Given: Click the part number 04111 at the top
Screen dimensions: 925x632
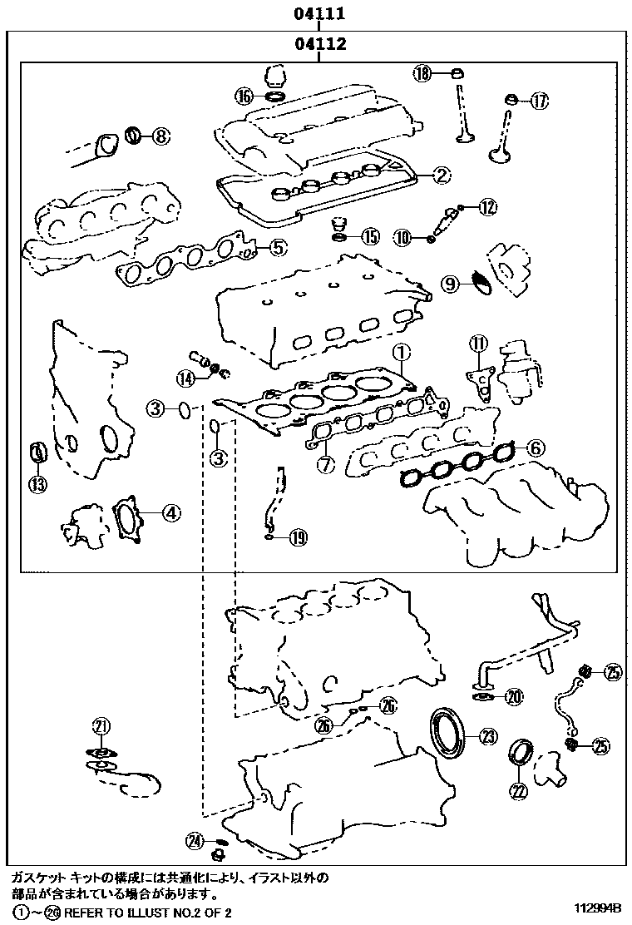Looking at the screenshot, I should (319, 13).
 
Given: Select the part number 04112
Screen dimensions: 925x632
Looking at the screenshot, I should (319, 44).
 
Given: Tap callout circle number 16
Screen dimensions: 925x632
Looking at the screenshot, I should (243, 96).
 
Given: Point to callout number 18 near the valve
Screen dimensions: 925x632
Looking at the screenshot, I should (422, 73).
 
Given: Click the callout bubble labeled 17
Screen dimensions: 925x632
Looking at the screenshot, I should (539, 101).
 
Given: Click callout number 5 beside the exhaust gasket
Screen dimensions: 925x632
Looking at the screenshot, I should (278, 246).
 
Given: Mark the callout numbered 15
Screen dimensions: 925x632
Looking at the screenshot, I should (369, 237).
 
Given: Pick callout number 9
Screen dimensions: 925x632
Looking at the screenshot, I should (449, 284).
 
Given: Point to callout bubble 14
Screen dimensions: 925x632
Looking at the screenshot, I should (185, 378).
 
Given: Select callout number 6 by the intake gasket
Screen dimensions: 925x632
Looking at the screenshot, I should (534, 448).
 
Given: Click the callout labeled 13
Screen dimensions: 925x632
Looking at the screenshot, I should (38, 484).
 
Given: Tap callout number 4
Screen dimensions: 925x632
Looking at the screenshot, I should (170, 513).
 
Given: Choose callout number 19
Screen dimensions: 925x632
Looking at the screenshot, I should (298, 538).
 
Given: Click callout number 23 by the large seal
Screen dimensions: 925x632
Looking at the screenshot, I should (487, 735).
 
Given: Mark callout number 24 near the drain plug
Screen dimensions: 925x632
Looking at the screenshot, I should (195, 841).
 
